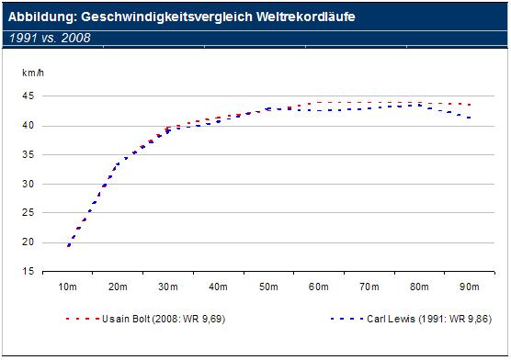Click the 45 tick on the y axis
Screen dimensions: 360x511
point(29,96)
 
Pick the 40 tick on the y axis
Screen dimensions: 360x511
point(29,126)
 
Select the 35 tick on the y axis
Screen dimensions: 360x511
point(29,155)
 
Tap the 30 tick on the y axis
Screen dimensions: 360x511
point(29,185)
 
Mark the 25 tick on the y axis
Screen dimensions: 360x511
point(29,213)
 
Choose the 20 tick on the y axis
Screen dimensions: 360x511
point(29,242)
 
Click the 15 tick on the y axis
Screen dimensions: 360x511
point(29,272)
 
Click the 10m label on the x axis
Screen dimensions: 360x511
point(68,287)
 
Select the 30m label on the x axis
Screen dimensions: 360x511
point(168,287)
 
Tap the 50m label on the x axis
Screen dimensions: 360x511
point(268,287)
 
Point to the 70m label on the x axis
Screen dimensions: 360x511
point(369,287)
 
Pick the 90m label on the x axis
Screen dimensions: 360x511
point(470,287)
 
